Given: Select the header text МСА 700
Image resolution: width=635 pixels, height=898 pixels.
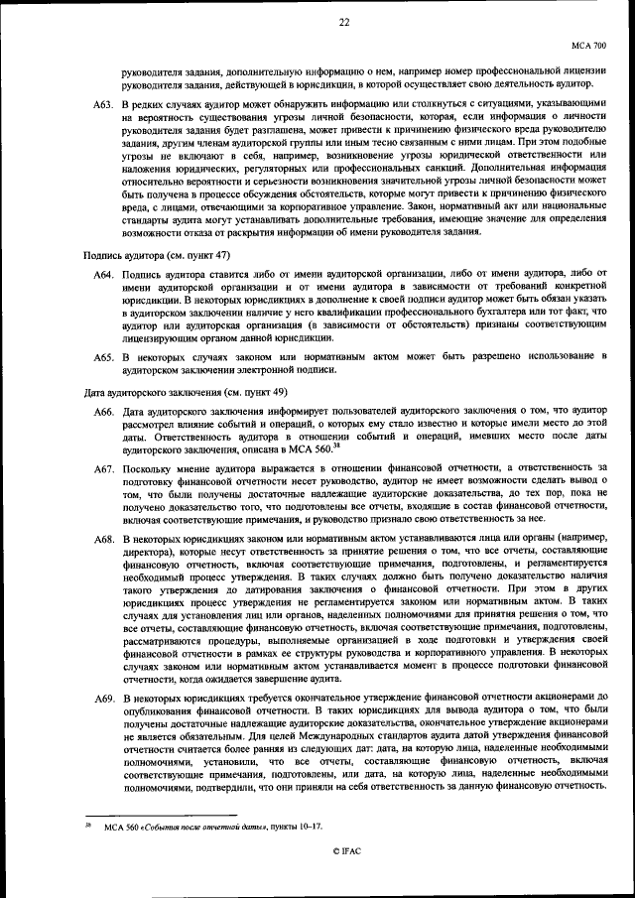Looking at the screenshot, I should pyautogui.click(x=589, y=46).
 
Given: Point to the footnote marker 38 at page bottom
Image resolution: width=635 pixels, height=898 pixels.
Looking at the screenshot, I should pyautogui.click(x=86, y=823).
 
